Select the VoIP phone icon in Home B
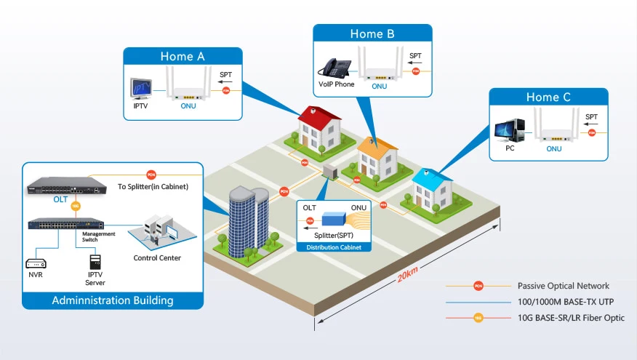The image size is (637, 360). [x=335, y=68]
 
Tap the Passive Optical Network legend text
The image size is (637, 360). [x=563, y=286]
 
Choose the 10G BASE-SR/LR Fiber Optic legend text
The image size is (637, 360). [x=571, y=318]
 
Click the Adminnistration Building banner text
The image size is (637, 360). [x=112, y=300]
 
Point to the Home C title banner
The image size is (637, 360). [x=548, y=97]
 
